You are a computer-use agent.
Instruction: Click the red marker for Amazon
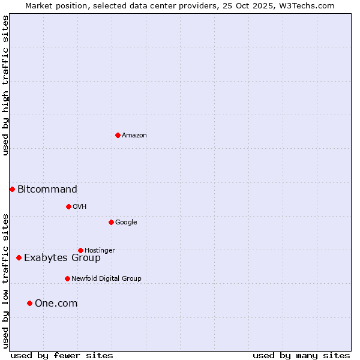(118, 135)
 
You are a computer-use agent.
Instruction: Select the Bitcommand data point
(12, 189)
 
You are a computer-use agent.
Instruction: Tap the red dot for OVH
(68, 206)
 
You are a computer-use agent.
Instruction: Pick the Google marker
(111, 222)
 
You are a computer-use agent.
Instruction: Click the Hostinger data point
(80, 250)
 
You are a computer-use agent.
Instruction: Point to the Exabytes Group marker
(19, 257)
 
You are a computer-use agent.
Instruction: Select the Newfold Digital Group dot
(67, 278)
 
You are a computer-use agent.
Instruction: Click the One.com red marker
(29, 303)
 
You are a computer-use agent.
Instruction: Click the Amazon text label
(134, 136)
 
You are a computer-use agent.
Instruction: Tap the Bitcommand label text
(47, 190)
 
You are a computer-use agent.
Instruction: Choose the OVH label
(80, 207)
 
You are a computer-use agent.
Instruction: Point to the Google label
(126, 223)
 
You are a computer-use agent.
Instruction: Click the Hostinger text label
(100, 251)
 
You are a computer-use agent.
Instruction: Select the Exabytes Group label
(62, 258)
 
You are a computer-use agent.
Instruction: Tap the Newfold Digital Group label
(106, 279)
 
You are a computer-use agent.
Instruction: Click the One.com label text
(56, 304)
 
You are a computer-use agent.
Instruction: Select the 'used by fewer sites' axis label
(62, 355)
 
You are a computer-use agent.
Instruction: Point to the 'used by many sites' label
(301, 355)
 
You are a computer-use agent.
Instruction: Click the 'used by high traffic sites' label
(5, 85)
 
